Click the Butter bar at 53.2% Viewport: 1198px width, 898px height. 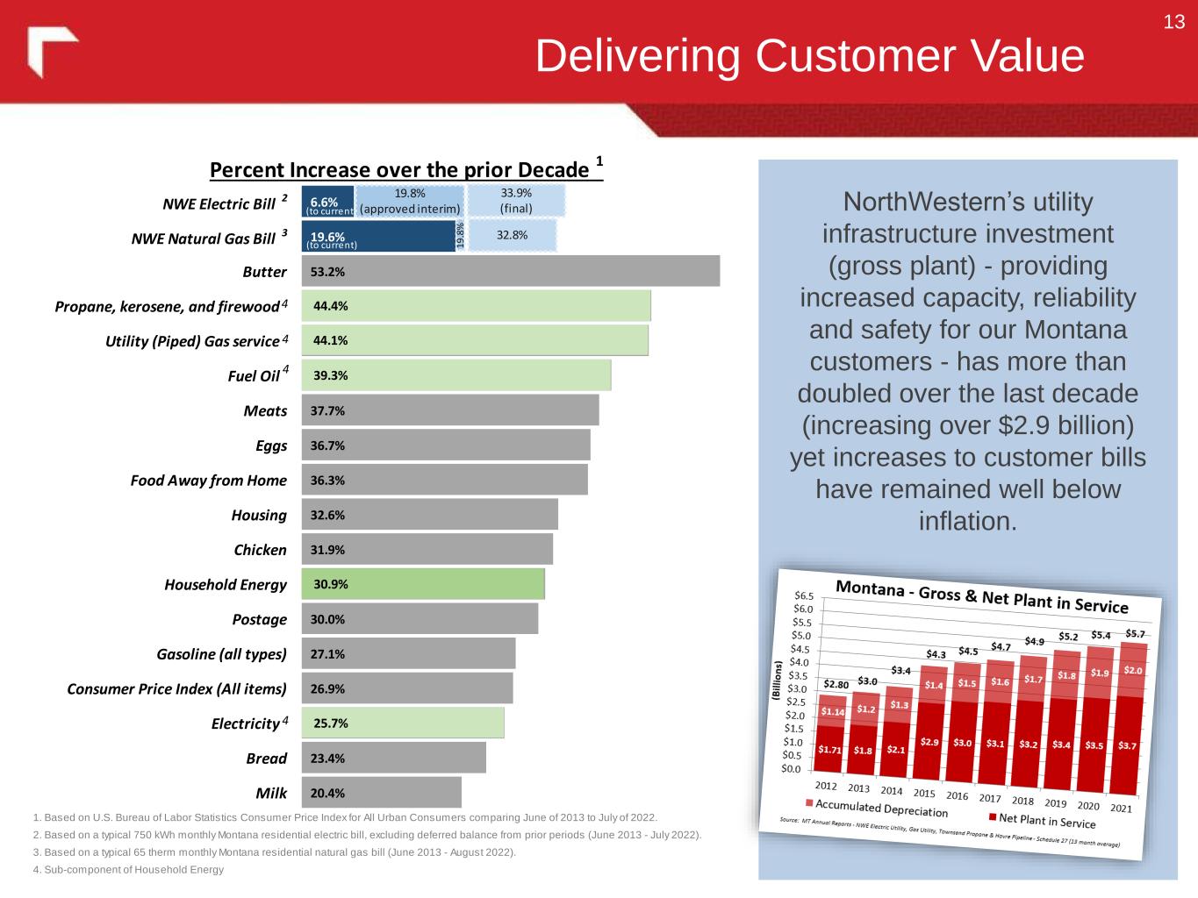510,271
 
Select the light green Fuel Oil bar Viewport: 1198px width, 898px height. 456,375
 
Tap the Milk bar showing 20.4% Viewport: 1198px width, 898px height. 381,793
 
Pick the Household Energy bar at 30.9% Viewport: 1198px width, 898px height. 422,584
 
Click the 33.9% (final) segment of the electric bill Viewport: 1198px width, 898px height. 516,201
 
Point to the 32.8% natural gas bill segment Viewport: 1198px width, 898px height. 512,235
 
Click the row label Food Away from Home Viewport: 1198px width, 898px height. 208,481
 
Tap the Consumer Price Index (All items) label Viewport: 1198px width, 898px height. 176,689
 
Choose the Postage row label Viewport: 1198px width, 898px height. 259,620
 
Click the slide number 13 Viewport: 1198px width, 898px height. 1173,23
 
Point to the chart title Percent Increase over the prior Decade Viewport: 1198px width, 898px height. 399,169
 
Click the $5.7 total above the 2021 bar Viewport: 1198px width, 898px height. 1135,633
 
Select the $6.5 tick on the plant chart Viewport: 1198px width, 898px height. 804,595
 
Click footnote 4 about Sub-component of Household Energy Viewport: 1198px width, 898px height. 128,870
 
